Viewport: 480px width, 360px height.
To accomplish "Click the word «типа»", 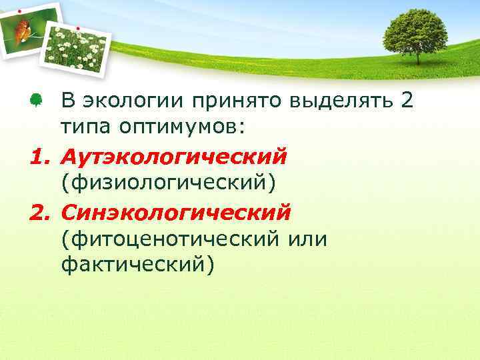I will coord(84,127).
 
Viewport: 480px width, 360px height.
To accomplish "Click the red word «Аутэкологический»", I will coord(174,156).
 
